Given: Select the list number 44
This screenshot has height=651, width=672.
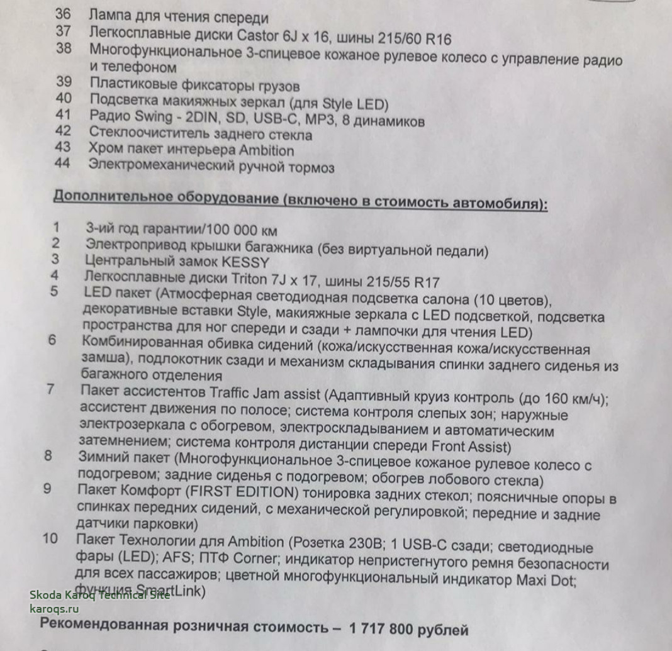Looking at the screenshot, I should tap(64, 164).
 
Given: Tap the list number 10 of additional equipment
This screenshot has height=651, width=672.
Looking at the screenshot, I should tap(50, 539).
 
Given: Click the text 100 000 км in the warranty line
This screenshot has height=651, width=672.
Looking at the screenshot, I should tap(242, 231).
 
